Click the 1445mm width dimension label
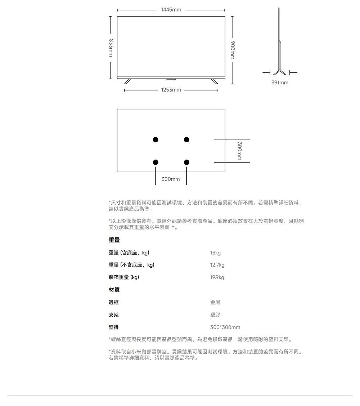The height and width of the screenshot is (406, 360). [x=171, y=10]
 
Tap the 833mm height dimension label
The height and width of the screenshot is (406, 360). [x=111, y=48]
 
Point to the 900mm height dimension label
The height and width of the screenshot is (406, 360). [x=233, y=50]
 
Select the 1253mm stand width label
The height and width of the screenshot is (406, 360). [x=171, y=90]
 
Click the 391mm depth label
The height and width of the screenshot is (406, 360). [x=279, y=82]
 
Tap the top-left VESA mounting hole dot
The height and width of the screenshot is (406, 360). [x=156, y=139]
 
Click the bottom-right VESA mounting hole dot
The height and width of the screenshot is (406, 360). [x=186, y=162]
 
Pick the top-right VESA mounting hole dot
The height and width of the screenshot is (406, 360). [x=186, y=139]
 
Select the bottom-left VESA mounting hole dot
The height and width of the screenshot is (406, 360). [x=156, y=162]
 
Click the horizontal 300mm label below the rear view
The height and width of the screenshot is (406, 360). [x=171, y=179]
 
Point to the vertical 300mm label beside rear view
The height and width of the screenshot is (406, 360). [x=240, y=151]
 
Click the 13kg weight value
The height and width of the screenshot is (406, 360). [x=215, y=253]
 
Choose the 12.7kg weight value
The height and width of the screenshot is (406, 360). [x=217, y=265]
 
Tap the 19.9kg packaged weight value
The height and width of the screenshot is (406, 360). [x=217, y=277]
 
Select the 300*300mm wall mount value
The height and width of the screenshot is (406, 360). [x=225, y=327]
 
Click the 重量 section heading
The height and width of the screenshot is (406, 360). [x=114, y=240]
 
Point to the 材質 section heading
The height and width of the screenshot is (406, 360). [x=114, y=290]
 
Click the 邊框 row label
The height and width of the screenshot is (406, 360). [x=114, y=302]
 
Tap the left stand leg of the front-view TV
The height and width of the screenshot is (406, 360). [x=128, y=81]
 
